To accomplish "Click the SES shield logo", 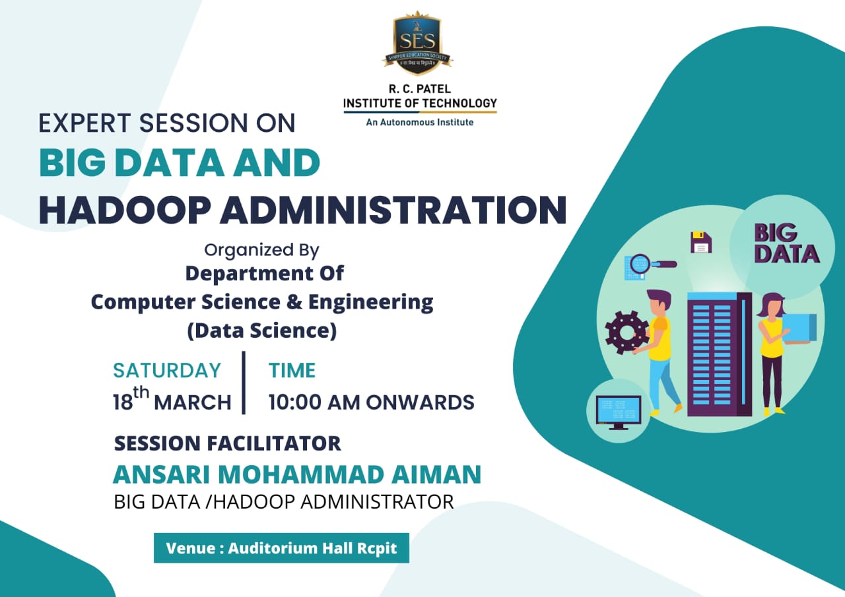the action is [x=418, y=43].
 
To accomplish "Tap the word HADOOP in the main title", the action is [x=125, y=210].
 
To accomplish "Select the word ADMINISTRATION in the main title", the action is [x=393, y=210].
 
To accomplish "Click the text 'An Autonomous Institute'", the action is [x=420, y=122].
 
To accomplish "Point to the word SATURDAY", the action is [x=167, y=370].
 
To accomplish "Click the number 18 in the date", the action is [x=123, y=402].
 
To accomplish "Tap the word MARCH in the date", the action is [x=193, y=402].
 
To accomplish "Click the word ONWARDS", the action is [x=421, y=402].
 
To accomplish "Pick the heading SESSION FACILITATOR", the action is [x=228, y=443].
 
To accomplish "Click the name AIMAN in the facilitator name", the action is [x=436, y=474].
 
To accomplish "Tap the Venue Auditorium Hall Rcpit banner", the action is [x=281, y=548].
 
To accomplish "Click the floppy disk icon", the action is [x=701, y=242].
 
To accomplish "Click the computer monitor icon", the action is [x=619, y=412].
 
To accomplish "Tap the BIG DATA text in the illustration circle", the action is [x=786, y=243].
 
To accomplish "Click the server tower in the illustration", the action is [x=720, y=354].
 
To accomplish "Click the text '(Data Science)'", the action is [x=262, y=330].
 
